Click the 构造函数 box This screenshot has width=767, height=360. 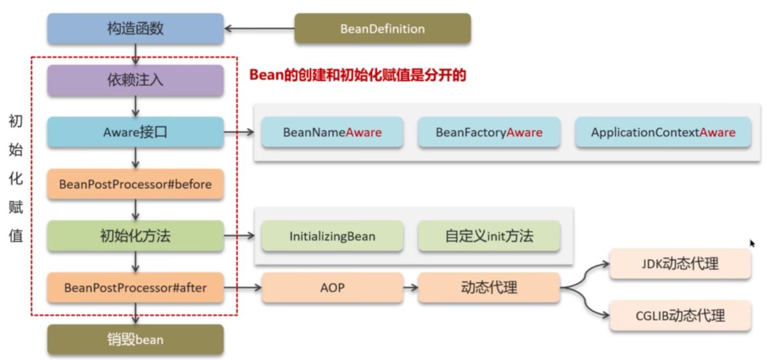pyautogui.click(x=135, y=29)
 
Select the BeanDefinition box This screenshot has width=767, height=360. pyautogui.click(x=382, y=29)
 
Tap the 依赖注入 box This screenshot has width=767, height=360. pyautogui.click(x=135, y=81)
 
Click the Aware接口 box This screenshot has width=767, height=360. pyautogui.click(x=135, y=132)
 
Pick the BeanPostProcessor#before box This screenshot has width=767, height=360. pyautogui.click(x=135, y=184)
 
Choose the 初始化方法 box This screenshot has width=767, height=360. pyautogui.click(x=135, y=236)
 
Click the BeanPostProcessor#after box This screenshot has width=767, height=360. pyautogui.click(x=135, y=288)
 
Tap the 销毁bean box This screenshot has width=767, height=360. pyautogui.click(x=135, y=340)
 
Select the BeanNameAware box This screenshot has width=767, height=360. pyautogui.click(x=332, y=132)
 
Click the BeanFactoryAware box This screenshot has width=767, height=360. pyautogui.click(x=489, y=132)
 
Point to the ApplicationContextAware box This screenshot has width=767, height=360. pyautogui.click(x=663, y=132)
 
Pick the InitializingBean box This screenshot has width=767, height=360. pyautogui.click(x=332, y=236)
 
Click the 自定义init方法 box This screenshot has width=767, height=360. pyautogui.click(x=489, y=236)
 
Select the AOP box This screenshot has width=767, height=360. pyautogui.click(x=332, y=288)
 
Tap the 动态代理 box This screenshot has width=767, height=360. pyautogui.click(x=489, y=288)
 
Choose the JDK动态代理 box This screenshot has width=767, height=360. pyautogui.click(x=680, y=263)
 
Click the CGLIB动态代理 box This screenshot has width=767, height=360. pyautogui.click(x=680, y=315)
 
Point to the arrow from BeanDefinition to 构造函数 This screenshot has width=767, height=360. pyautogui.click(x=259, y=29)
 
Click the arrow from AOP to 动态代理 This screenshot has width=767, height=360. pyautogui.click(x=411, y=288)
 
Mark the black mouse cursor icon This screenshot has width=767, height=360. pyautogui.click(x=752, y=243)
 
